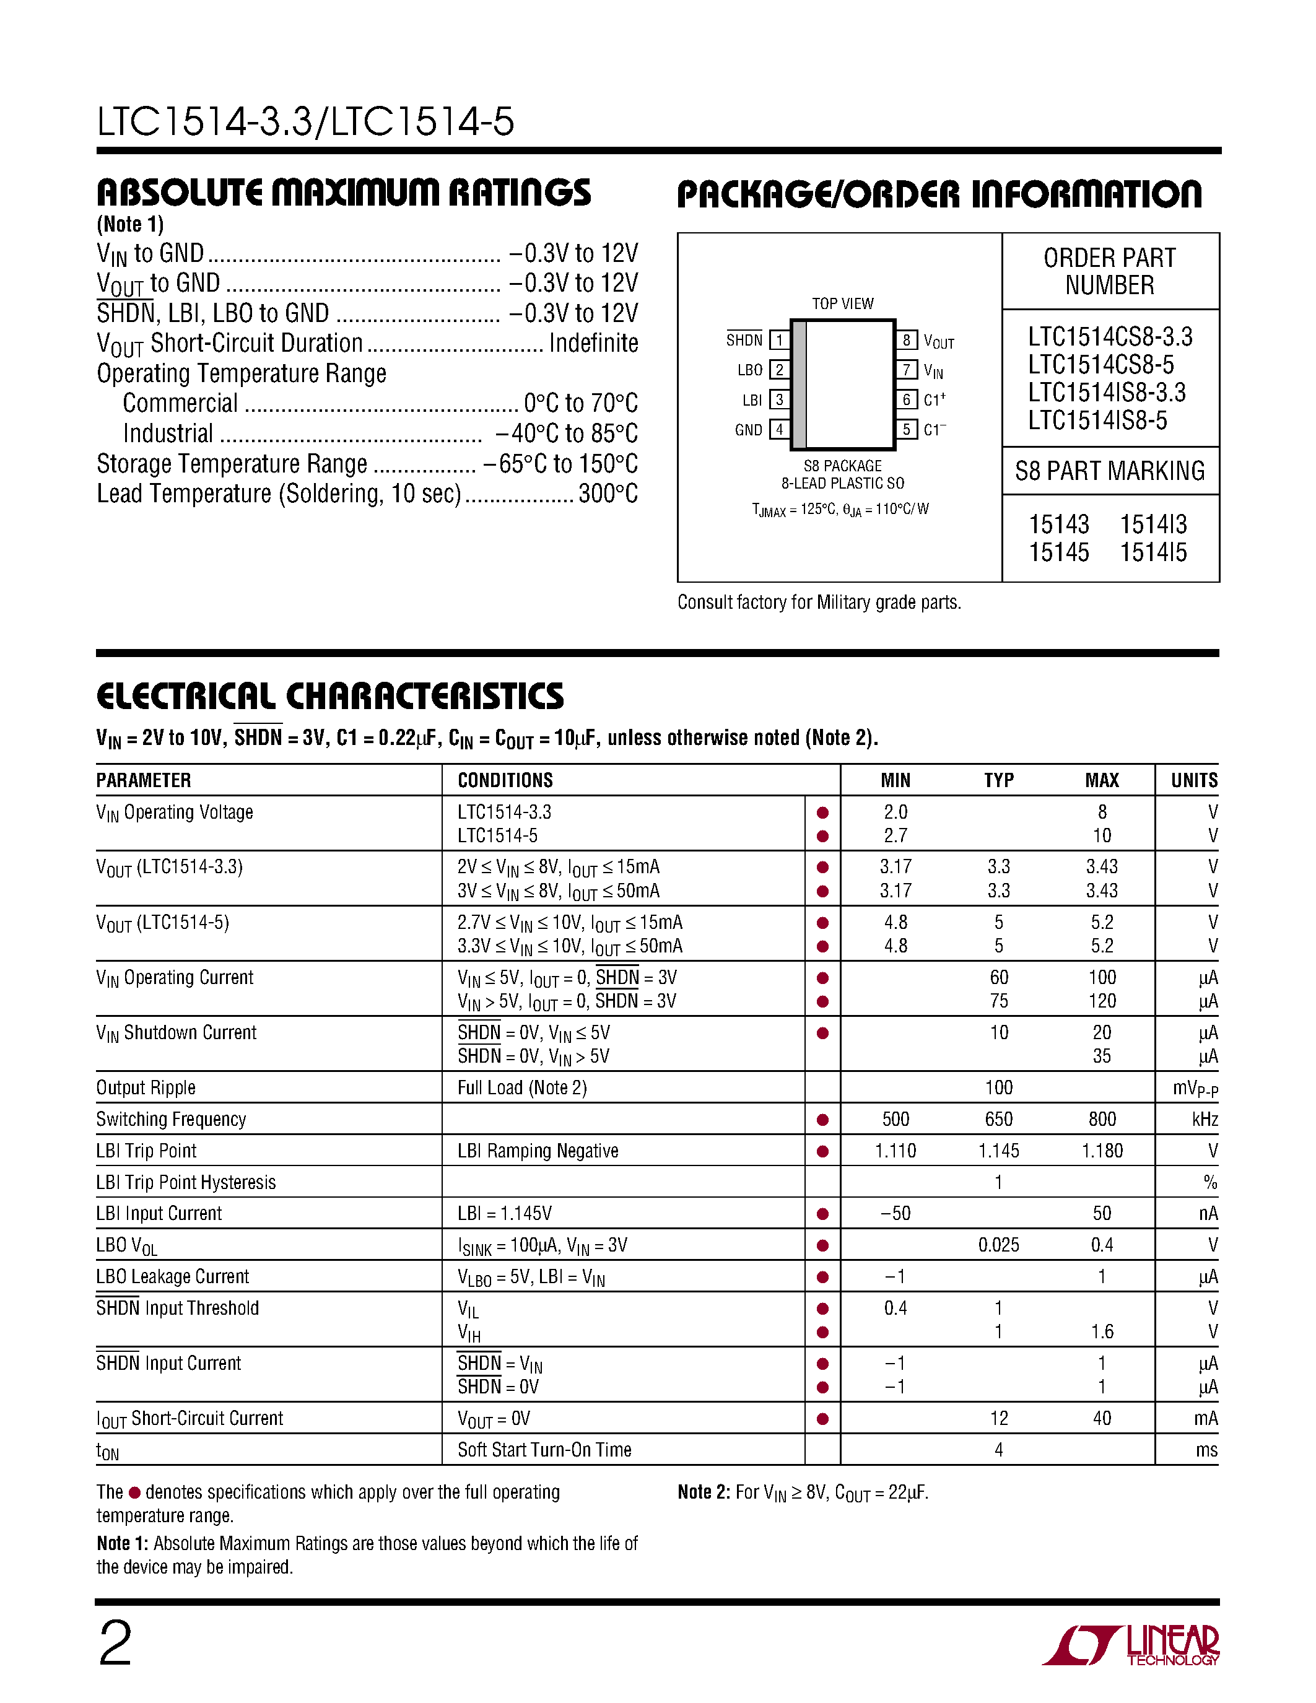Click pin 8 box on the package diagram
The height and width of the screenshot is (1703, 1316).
point(906,340)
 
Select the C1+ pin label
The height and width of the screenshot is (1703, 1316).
point(934,399)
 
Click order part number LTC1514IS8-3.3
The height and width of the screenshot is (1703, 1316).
point(1106,392)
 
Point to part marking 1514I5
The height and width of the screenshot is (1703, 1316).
point(1153,552)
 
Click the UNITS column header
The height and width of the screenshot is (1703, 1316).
point(1193,780)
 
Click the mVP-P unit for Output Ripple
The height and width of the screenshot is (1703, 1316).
point(1195,1088)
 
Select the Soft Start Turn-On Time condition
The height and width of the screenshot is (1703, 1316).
point(544,1450)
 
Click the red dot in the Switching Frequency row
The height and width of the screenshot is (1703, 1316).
point(822,1120)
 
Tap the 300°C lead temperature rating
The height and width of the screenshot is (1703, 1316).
point(608,494)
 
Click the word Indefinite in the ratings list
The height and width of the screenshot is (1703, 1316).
point(593,343)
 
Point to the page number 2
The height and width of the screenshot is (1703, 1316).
point(115,1644)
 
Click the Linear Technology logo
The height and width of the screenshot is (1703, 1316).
point(1130,1645)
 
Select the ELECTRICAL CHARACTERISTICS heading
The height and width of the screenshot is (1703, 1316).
point(330,695)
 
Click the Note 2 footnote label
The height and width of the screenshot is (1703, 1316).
point(704,1492)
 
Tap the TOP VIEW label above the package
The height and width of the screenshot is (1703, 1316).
point(842,303)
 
